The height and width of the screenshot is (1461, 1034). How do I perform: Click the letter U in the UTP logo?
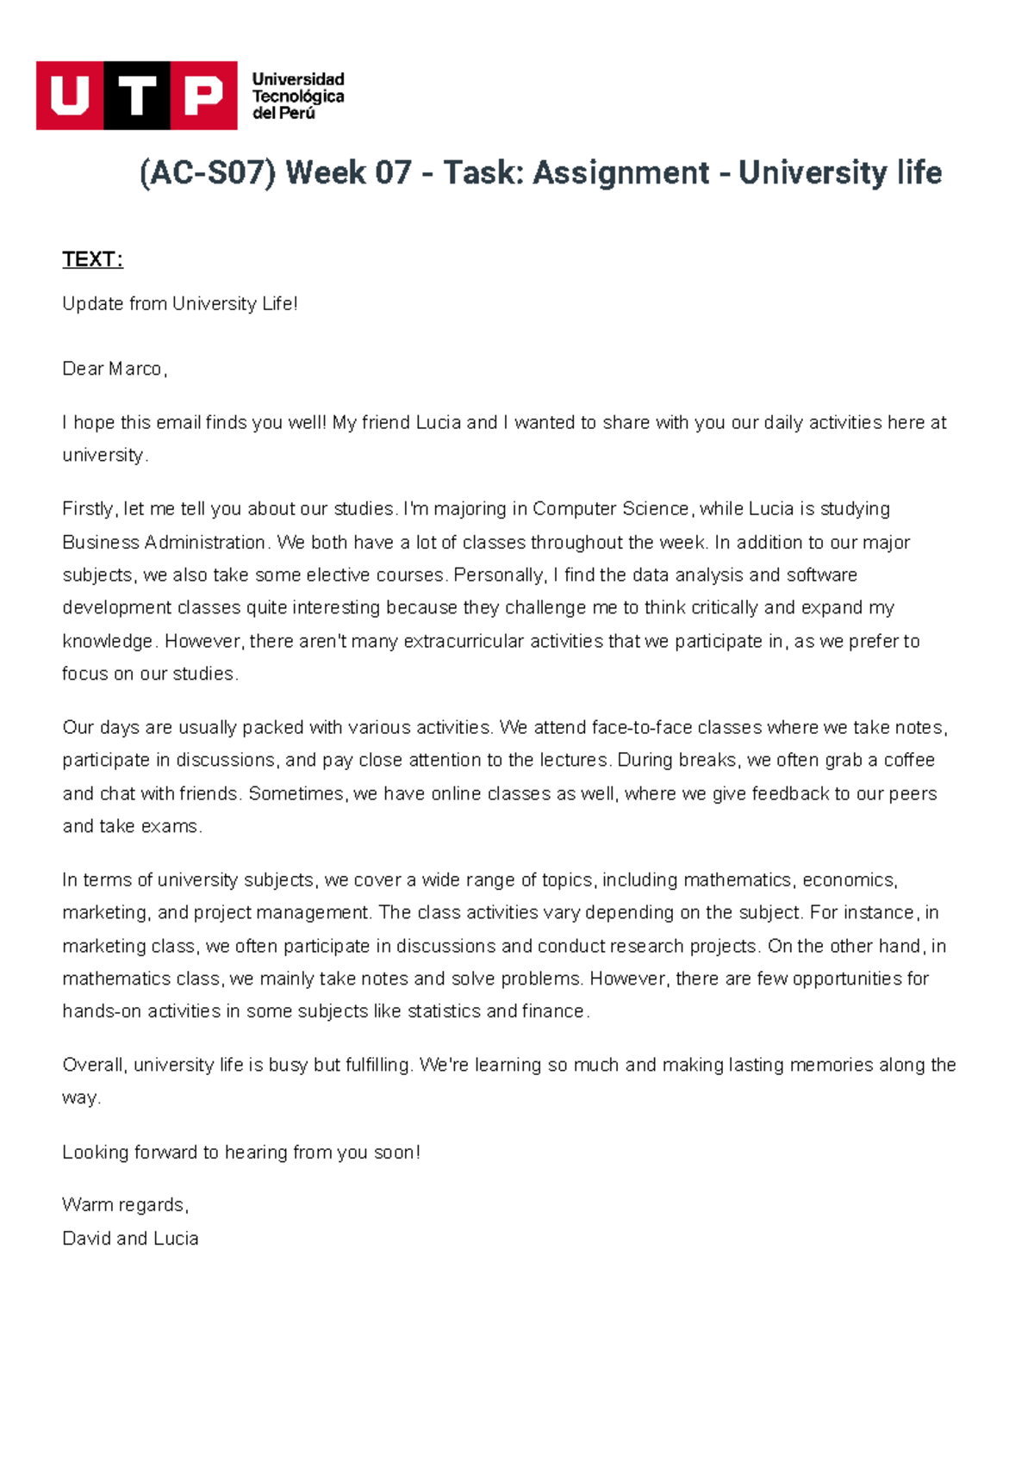70,96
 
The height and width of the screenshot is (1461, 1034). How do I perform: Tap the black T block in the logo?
137,96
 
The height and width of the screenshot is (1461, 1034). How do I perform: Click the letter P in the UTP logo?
203,96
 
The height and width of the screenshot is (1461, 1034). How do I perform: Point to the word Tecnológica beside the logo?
298,96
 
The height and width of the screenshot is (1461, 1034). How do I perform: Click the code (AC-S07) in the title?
208,173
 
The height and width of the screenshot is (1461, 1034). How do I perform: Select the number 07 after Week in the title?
393,173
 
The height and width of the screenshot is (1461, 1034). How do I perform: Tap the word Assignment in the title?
621,173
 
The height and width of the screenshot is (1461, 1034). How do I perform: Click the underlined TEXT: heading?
92,259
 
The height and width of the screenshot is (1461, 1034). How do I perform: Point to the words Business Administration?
164,543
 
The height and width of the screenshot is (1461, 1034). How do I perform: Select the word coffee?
909,761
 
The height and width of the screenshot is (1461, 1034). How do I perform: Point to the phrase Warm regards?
124,1205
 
